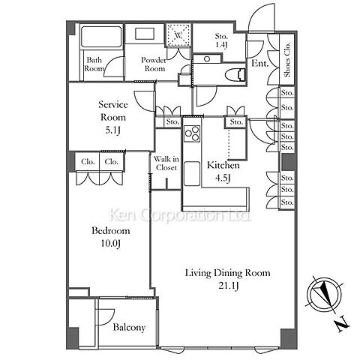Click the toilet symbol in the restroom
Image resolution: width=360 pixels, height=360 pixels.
(235, 75)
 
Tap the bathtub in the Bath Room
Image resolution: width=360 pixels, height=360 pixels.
(101, 37)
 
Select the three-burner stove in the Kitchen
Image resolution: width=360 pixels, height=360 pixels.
(192, 133)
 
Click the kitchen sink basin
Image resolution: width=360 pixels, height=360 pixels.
(192, 174)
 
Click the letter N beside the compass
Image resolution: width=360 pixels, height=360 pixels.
(342, 325)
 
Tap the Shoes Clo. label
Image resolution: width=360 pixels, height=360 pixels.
(287, 59)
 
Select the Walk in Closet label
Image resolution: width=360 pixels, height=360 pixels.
(166, 163)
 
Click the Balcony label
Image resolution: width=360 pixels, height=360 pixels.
(129, 328)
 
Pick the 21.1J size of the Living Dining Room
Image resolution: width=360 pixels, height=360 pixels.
(229, 286)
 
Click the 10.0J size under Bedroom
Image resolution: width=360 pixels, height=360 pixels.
(111, 243)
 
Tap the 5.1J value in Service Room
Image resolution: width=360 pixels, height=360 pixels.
(112, 130)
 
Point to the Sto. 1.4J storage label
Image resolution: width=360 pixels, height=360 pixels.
(221, 40)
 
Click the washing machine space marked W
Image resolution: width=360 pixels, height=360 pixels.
(178, 34)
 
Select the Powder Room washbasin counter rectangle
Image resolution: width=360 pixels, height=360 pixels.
(145, 34)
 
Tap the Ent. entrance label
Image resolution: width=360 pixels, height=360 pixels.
(259, 63)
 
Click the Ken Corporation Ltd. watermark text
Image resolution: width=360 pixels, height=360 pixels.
(181, 215)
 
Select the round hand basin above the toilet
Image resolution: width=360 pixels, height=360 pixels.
(207, 59)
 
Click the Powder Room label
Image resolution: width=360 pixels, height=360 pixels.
(154, 64)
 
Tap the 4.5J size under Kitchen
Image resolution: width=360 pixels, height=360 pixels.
(223, 178)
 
